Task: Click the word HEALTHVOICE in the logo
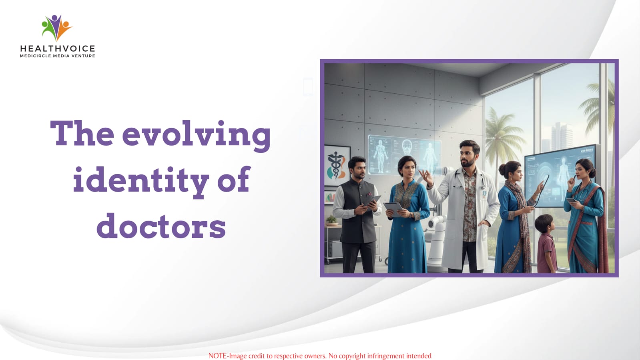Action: click(x=57, y=48)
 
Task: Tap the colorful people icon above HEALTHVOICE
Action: click(x=57, y=28)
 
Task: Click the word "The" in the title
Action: click(x=82, y=133)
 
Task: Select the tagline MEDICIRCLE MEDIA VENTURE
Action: click(x=57, y=56)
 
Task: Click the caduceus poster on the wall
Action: click(x=337, y=166)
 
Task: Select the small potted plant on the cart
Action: click(x=331, y=221)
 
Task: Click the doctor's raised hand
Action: click(x=426, y=177)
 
